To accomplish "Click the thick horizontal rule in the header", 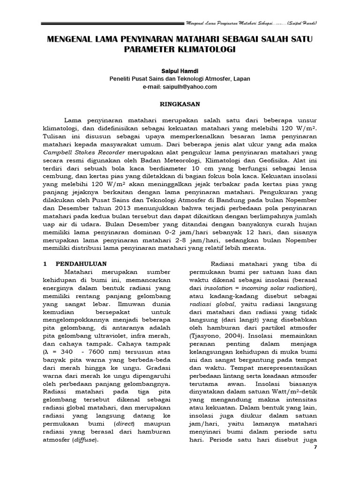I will coord(112,22).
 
